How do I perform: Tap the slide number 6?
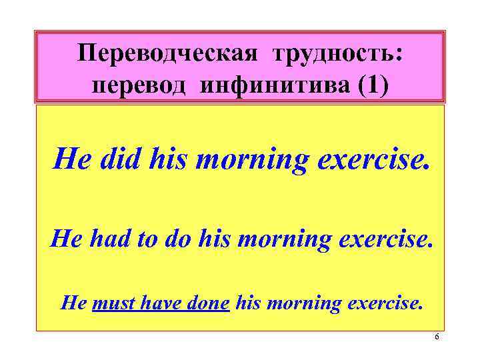[x=437, y=338]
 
